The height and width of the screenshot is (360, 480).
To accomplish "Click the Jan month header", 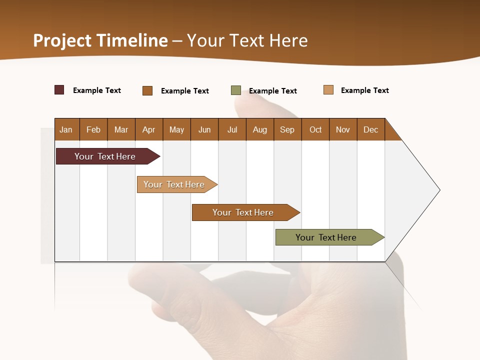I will [x=66, y=129].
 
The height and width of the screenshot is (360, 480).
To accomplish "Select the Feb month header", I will [x=93, y=129].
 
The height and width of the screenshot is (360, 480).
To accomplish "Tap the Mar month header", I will [x=121, y=129].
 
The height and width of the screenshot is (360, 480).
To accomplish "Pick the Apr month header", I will [x=149, y=129].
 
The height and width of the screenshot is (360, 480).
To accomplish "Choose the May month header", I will [x=176, y=129].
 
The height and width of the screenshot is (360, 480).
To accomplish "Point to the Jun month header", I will [x=204, y=129].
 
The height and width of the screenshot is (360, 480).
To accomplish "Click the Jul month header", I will [x=232, y=129].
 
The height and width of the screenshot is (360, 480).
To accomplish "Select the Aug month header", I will [x=260, y=129].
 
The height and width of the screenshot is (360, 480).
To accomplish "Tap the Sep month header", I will [x=287, y=129].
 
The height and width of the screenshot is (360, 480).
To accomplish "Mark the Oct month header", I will [x=315, y=129].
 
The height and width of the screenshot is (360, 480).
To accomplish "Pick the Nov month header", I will [x=343, y=129].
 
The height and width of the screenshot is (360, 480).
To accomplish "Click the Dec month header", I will [x=371, y=129].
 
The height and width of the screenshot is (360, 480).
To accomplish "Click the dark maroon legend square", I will [x=59, y=90].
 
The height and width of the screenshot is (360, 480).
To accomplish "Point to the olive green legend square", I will [x=236, y=90].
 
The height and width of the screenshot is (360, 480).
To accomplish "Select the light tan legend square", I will [x=328, y=90].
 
